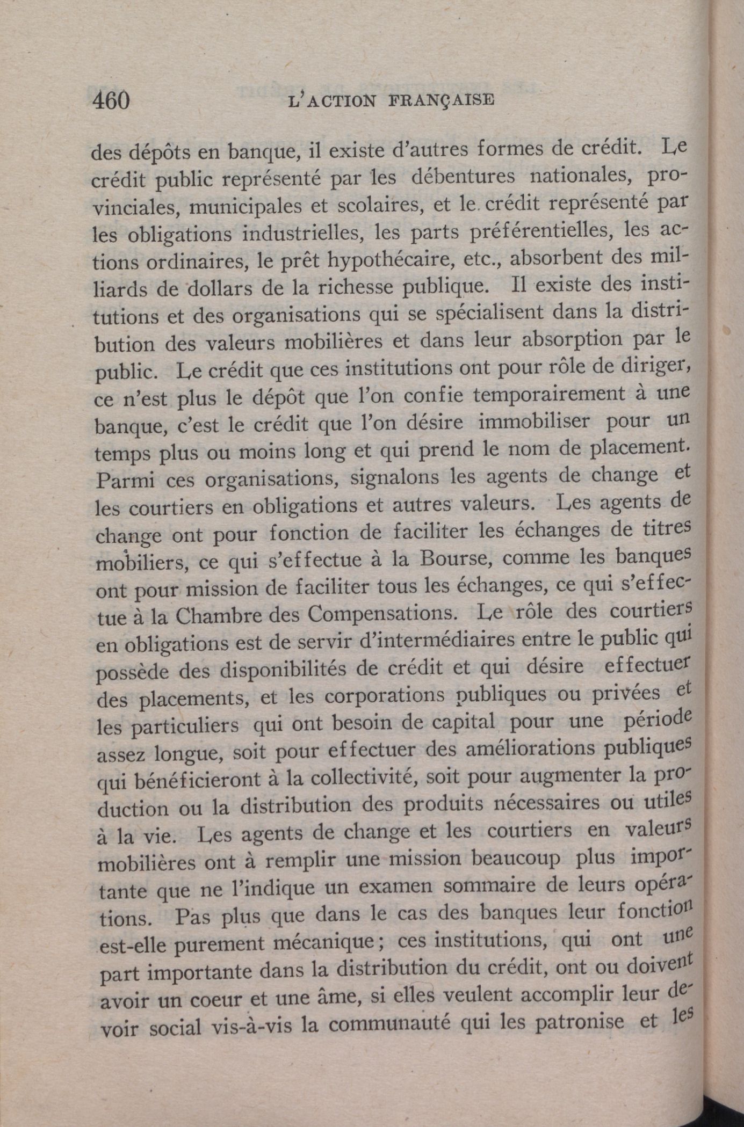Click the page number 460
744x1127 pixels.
coord(111,100)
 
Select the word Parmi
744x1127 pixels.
coord(124,479)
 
